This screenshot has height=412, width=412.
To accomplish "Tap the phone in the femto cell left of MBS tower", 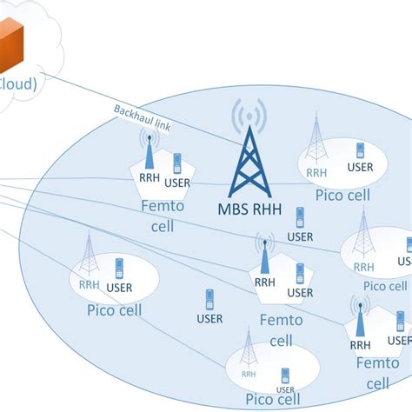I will click(x=177, y=163).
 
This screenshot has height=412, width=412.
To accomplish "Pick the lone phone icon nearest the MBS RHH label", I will click(x=300, y=217).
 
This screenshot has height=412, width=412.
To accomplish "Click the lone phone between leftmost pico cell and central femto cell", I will click(x=209, y=300).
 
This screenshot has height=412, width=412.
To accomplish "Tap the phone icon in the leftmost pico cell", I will click(x=118, y=267).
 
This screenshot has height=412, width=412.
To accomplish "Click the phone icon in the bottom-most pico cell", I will click(x=284, y=377).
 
